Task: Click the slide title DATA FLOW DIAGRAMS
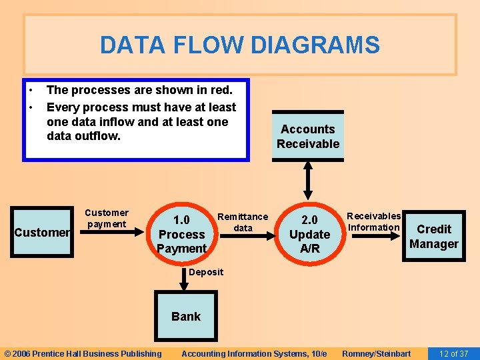click(239, 45)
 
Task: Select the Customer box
click(43, 232)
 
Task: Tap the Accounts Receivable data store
click(308, 136)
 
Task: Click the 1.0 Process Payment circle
click(181, 234)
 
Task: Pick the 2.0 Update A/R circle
click(309, 234)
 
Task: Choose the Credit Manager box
click(433, 236)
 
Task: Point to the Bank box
click(185, 317)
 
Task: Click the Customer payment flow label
click(107, 218)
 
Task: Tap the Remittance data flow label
click(243, 222)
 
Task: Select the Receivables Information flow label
click(374, 221)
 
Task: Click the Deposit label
click(205, 271)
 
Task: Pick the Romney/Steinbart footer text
click(376, 353)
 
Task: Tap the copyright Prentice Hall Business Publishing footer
click(83, 353)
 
